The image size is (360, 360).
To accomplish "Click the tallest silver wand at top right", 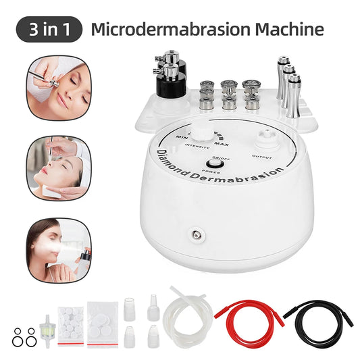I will [x=281, y=74].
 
